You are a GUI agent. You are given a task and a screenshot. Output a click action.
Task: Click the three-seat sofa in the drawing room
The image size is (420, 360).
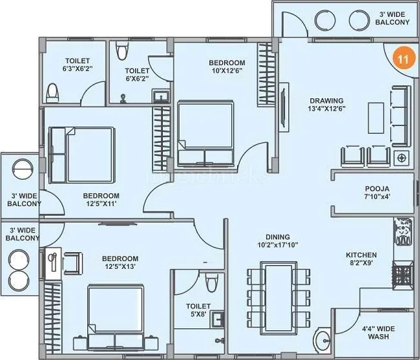coord(399,116)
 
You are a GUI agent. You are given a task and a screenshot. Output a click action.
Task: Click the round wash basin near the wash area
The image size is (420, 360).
coord(323,341)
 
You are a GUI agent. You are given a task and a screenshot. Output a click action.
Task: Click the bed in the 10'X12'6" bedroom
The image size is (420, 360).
coord(205,132)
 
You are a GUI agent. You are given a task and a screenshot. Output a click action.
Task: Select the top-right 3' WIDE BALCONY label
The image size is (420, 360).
coord(392,18)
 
